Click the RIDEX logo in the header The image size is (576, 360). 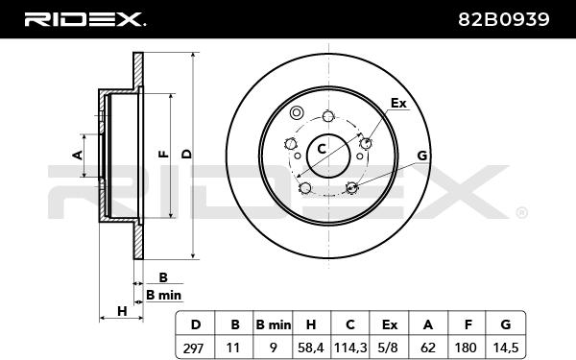[x=84, y=19]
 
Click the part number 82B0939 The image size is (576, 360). [x=504, y=19]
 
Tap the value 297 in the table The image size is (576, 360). [x=193, y=348]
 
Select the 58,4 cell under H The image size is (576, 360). [x=311, y=348]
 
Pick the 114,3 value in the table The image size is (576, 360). [x=350, y=348]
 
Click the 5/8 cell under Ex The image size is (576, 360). [x=389, y=348]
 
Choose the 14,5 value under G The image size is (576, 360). [x=506, y=348]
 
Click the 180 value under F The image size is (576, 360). [x=466, y=348]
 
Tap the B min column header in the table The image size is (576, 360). [x=273, y=324]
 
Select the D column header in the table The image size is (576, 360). [x=196, y=324]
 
